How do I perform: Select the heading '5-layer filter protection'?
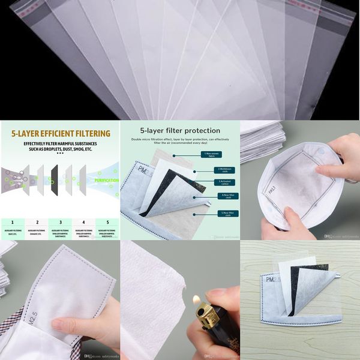(179, 130)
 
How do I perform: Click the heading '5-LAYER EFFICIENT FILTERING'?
(59, 133)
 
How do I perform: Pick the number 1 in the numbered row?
(13, 221)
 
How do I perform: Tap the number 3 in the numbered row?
(59, 221)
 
